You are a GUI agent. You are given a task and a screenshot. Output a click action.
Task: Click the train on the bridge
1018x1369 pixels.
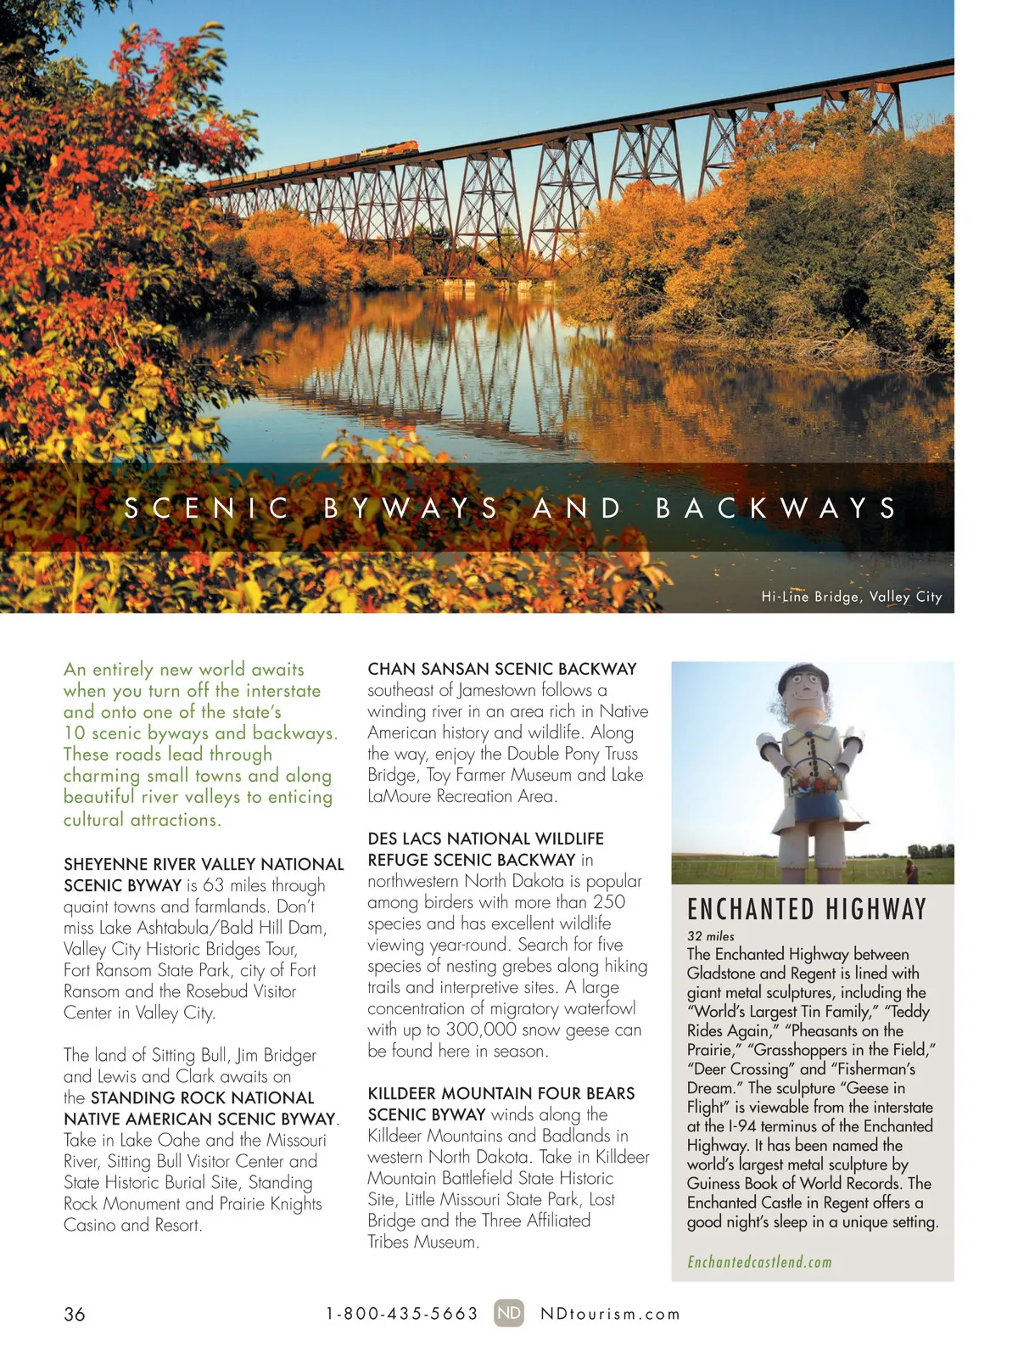[x=389, y=150]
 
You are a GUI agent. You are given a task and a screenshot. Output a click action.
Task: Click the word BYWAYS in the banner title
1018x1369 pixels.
[x=411, y=508]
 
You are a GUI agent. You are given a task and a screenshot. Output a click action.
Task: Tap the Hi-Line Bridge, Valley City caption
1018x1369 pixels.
[x=851, y=597]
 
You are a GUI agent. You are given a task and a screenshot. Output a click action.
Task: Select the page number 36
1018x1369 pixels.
[x=75, y=1314]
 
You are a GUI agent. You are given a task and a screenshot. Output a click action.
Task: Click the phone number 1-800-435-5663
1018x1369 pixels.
[x=402, y=1314]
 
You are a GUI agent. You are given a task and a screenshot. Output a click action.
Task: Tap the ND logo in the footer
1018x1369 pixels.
[x=509, y=1313]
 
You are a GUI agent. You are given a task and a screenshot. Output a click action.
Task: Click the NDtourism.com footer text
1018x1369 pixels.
[x=611, y=1314]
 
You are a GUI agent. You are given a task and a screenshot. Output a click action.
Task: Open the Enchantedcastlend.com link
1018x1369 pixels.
[x=759, y=1262]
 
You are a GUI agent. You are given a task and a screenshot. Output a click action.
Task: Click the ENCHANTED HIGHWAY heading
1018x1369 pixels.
[x=807, y=910]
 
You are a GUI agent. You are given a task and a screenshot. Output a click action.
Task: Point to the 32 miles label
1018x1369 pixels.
[x=711, y=936]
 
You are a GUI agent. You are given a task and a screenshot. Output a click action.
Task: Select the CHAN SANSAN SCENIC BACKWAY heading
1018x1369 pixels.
[x=502, y=669]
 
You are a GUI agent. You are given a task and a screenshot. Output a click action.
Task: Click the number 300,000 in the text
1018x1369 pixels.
[x=480, y=1030]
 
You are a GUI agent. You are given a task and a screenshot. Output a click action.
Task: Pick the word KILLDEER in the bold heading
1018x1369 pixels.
[x=404, y=1093]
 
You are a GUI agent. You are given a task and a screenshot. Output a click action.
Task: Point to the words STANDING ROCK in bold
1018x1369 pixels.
[x=159, y=1097]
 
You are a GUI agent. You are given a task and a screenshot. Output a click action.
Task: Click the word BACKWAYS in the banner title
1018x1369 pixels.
[x=776, y=508]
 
